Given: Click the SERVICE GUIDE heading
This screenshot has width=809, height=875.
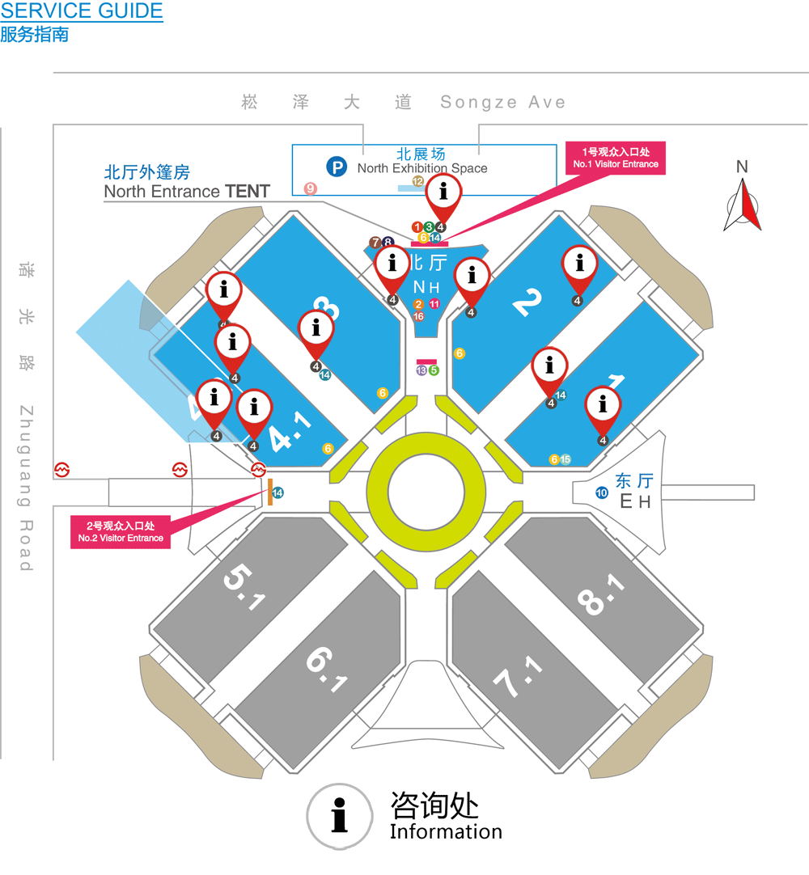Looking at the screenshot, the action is tap(82, 11).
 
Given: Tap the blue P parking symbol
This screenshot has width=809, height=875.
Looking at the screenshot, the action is tap(336, 167).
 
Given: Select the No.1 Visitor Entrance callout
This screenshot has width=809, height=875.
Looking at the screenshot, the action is tap(616, 158).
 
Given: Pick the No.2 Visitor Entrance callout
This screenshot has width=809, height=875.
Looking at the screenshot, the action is tap(121, 532).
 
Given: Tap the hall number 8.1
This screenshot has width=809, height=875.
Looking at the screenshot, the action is tap(602, 594).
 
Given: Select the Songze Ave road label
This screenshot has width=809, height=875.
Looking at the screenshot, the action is tap(502, 103).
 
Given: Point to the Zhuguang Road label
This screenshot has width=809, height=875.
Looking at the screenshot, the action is tap(26, 488).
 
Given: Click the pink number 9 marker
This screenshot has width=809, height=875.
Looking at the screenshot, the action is tap(310, 188).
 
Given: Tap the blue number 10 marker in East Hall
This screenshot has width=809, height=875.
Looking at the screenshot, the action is tap(601, 492).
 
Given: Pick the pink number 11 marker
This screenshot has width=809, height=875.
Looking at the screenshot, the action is tap(434, 304).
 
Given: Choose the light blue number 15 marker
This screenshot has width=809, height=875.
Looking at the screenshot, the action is tap(565, 459).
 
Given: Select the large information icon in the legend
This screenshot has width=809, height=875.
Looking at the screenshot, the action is tap(341, 816).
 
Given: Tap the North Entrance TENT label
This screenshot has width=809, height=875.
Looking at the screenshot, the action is tap(187, 192).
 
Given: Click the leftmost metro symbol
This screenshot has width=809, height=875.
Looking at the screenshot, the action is tap(62, 469).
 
